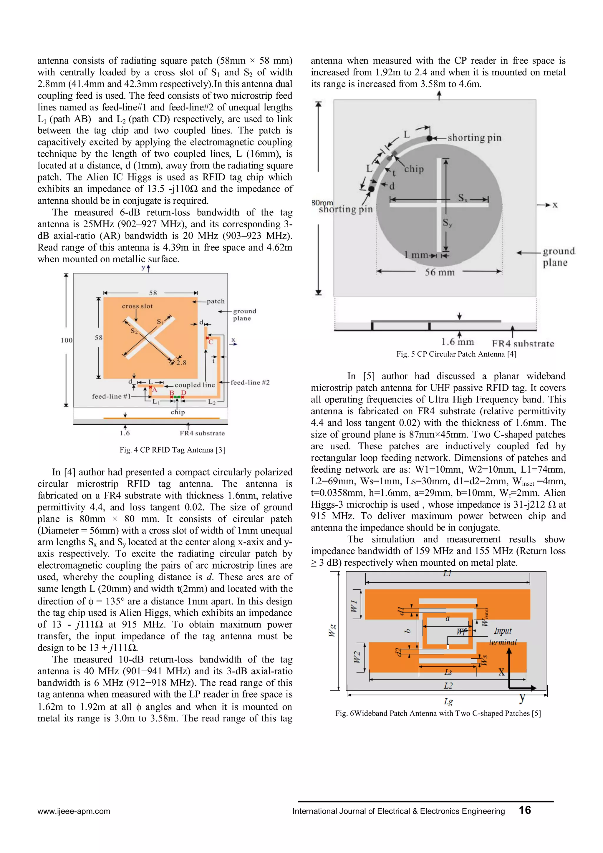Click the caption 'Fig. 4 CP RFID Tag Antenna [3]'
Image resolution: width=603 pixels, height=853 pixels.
coord(172,450)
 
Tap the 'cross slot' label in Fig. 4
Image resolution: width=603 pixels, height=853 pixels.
coord(137,306)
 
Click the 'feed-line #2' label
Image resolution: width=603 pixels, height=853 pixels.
coord(250,382)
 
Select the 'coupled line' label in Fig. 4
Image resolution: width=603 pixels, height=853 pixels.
coord(195,385)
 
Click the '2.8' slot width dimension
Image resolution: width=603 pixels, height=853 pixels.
coord(181,362)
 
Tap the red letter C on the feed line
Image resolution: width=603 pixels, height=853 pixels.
coord(211,342)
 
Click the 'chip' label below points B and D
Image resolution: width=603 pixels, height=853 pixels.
coord(178,412)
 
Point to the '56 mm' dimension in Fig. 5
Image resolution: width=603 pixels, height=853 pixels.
coord(440,272)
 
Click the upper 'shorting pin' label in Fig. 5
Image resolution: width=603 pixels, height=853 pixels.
coord(474,138)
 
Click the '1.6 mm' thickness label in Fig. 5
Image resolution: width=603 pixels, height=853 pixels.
coord(457,342)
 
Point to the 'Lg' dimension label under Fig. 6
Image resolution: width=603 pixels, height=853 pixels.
coord(448,701)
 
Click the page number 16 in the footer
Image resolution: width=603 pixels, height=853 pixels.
coord(525,810)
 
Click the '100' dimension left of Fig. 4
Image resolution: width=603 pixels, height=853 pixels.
coord(67,340)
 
